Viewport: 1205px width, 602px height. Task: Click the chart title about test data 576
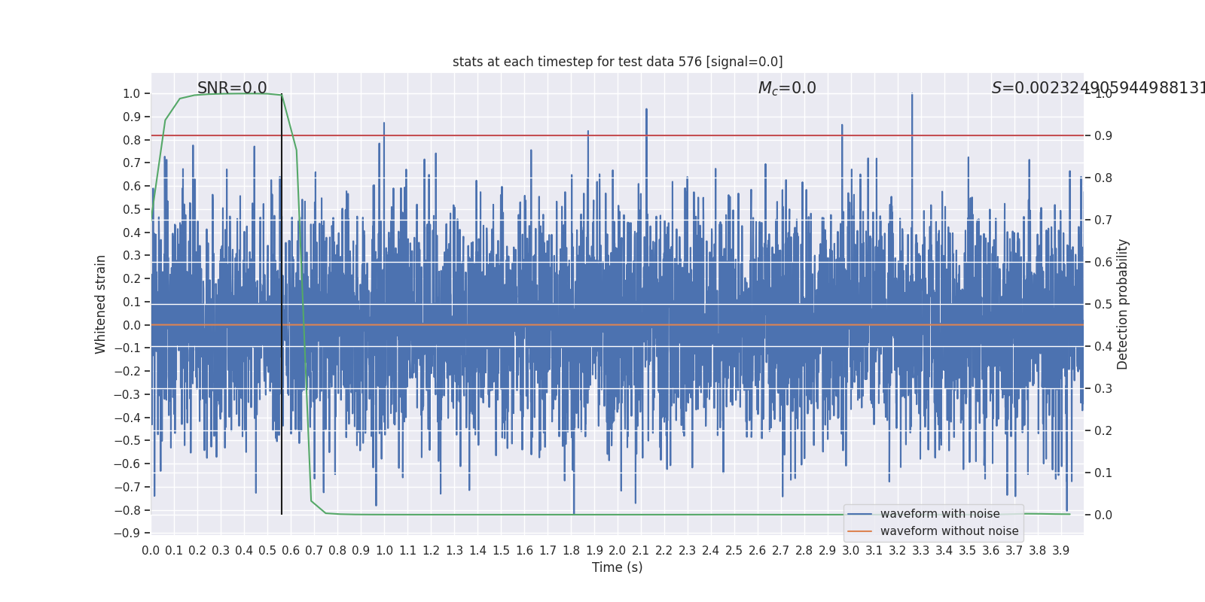click(x=618, y=62)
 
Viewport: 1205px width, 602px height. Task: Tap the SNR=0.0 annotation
click(x=232, y=88)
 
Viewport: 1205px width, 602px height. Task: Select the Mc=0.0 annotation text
click(x=787, y=88)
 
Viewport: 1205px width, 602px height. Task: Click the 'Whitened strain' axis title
click(x=101, y=304)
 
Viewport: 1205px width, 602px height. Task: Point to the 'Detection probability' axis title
click(x=1123, y=304)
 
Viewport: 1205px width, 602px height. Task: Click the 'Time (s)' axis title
click(x=617, y=567)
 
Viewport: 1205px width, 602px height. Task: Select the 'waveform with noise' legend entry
click(x=940, y=514)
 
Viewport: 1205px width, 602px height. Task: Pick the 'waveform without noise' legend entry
click(x=949, y=531)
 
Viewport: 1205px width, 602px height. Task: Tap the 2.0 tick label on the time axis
click(x=618, y=550)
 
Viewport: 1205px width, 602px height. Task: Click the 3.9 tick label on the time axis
click(x=1060, y=550)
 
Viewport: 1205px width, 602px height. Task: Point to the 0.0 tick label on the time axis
click(x=151, y=550)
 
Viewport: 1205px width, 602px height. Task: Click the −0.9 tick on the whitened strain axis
click(x=127, y=533)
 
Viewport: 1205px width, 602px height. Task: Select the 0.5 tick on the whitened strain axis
click(x=132, y=209)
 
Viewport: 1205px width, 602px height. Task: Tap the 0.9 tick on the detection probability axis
click(x=1103, y=135)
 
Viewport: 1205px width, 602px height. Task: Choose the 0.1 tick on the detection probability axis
click(x=1103, y=473)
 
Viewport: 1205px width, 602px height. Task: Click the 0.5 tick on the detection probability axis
click(x=1103, y=304)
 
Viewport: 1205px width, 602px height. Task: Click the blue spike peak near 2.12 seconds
click(x=646, y=110)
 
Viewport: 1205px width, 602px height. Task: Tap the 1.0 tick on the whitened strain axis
click(x=132, y=93)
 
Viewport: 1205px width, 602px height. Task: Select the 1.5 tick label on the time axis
click(x=501, y=550)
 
